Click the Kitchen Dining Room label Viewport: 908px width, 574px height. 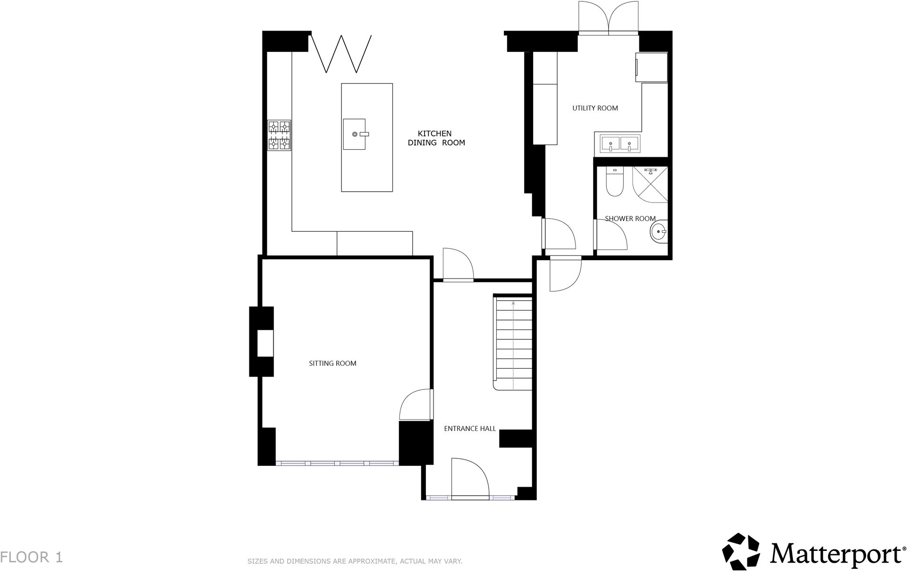pyautogui.click(x=436, y=138)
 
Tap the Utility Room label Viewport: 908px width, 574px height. pyautogui.click(x=595, y=108)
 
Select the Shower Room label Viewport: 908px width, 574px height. pyautogui.click(x=630, y=219)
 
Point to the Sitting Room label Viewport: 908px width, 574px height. pyautogui.click(x=332, y=363)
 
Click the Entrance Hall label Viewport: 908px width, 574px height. pyautogui.click(x=470, y=429)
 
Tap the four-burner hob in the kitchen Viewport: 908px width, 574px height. pyautogui.click(x=279, y=135)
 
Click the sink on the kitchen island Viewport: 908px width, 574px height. pyautogui.click(x=355, y=134)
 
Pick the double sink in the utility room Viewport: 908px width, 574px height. pyautogui.click(x=620, y=143)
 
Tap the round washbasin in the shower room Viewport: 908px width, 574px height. pyautogui.click(x=659, y=232)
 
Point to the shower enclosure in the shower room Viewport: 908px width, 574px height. pyautogui.click(x=650, y=185)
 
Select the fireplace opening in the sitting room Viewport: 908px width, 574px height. pyautogui.click(x=265, y=343)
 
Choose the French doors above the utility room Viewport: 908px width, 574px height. pyautogui.click(x=609, y=18)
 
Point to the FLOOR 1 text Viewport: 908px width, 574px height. pyautogui.click(x=31, y=557)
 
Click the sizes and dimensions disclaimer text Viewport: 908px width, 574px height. pyautogui.click(x=355, y=561)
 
